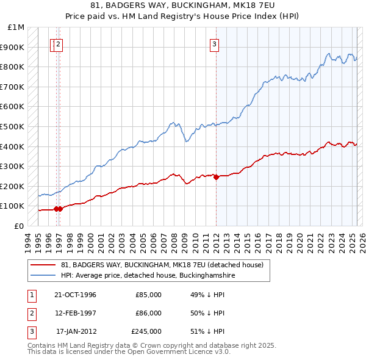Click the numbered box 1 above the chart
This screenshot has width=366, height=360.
point(53,43)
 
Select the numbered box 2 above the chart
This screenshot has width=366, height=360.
point(59,43)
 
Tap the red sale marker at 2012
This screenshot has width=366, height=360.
point(216,177)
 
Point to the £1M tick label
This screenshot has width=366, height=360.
point(16,27)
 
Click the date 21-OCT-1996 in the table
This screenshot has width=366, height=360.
point(75,295)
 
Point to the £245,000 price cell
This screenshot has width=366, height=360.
point(146,331)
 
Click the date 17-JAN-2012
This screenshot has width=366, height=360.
point(76,331)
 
